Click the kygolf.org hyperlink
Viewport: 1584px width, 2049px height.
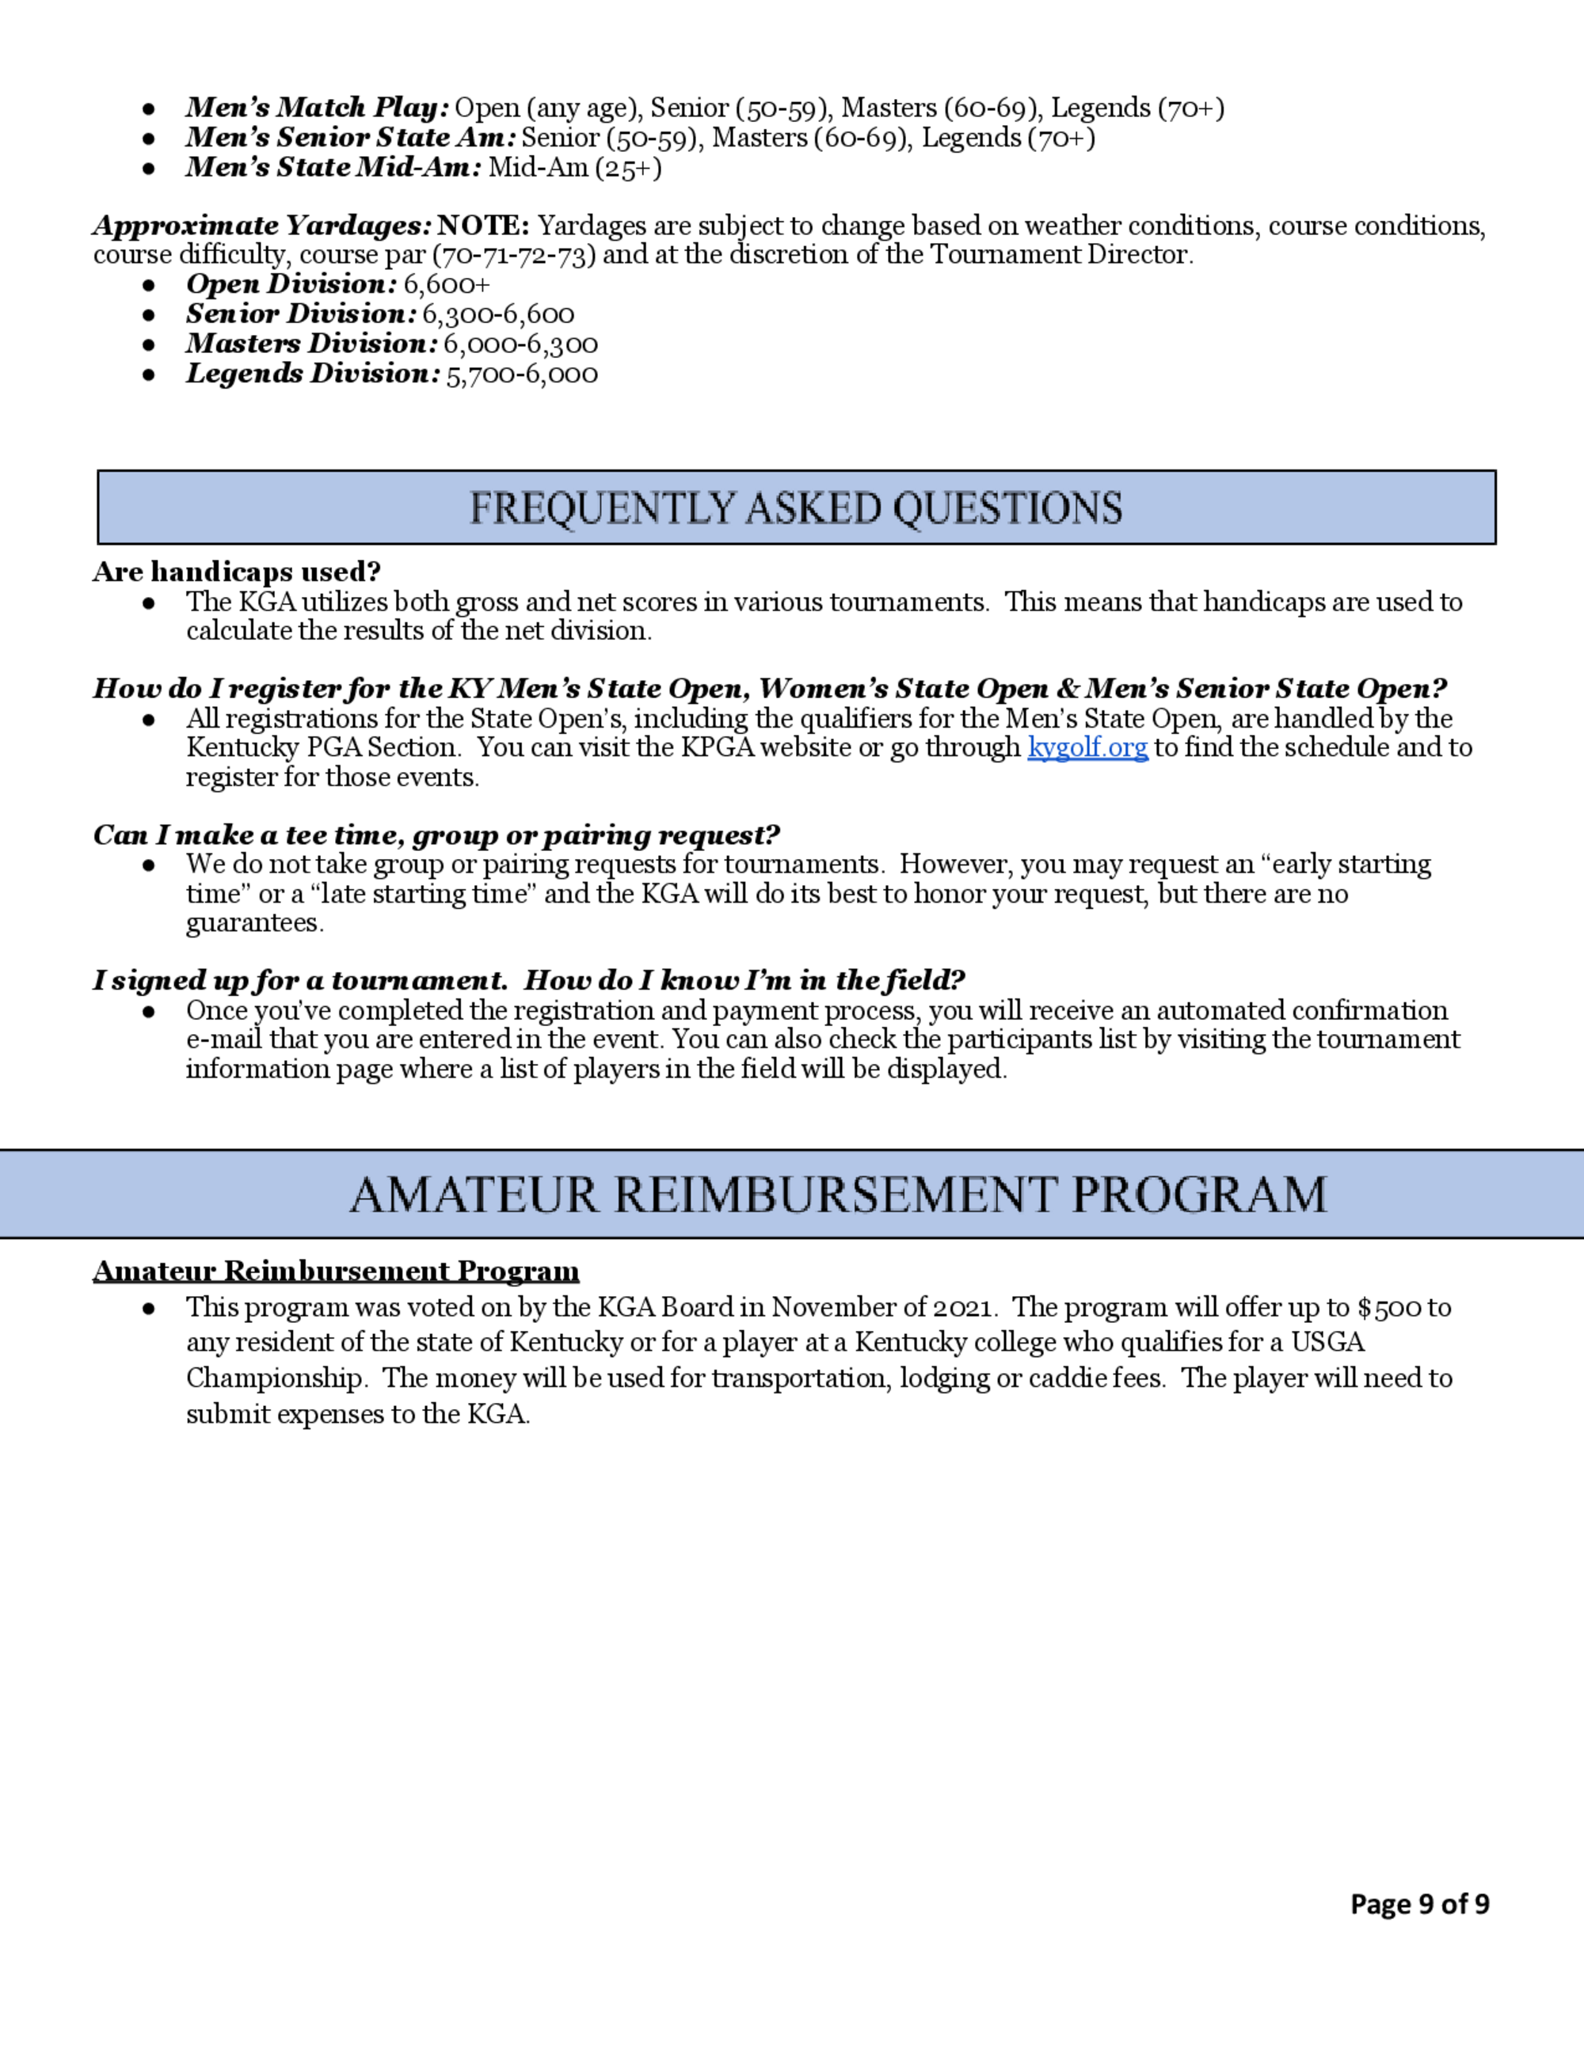point(1087,747)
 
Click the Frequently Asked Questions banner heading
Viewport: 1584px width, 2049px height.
point(795,507)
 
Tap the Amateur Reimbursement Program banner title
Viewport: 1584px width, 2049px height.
point(838,1194)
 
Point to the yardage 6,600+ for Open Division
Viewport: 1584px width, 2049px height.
point(447,284)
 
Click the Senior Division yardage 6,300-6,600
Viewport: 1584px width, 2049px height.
point(497,314)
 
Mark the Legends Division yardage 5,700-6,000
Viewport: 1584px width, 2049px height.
point(521,374)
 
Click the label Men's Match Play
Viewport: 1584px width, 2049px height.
point(316,108)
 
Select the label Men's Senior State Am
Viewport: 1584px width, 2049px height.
point(350,138)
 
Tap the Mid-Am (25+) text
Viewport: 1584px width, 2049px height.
point(574,168)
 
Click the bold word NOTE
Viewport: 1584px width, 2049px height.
point(483,226)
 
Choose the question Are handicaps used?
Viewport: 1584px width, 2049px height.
point(237,572)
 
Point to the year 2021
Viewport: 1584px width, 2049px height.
point(961,1307)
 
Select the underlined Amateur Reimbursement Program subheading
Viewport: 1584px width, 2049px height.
point(336,1272)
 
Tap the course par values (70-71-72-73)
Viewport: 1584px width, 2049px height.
point(513,255)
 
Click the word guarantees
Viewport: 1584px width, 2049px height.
point(254,923)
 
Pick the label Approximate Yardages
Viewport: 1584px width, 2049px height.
point(262,226)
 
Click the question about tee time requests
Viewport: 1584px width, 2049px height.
point(436,835)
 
